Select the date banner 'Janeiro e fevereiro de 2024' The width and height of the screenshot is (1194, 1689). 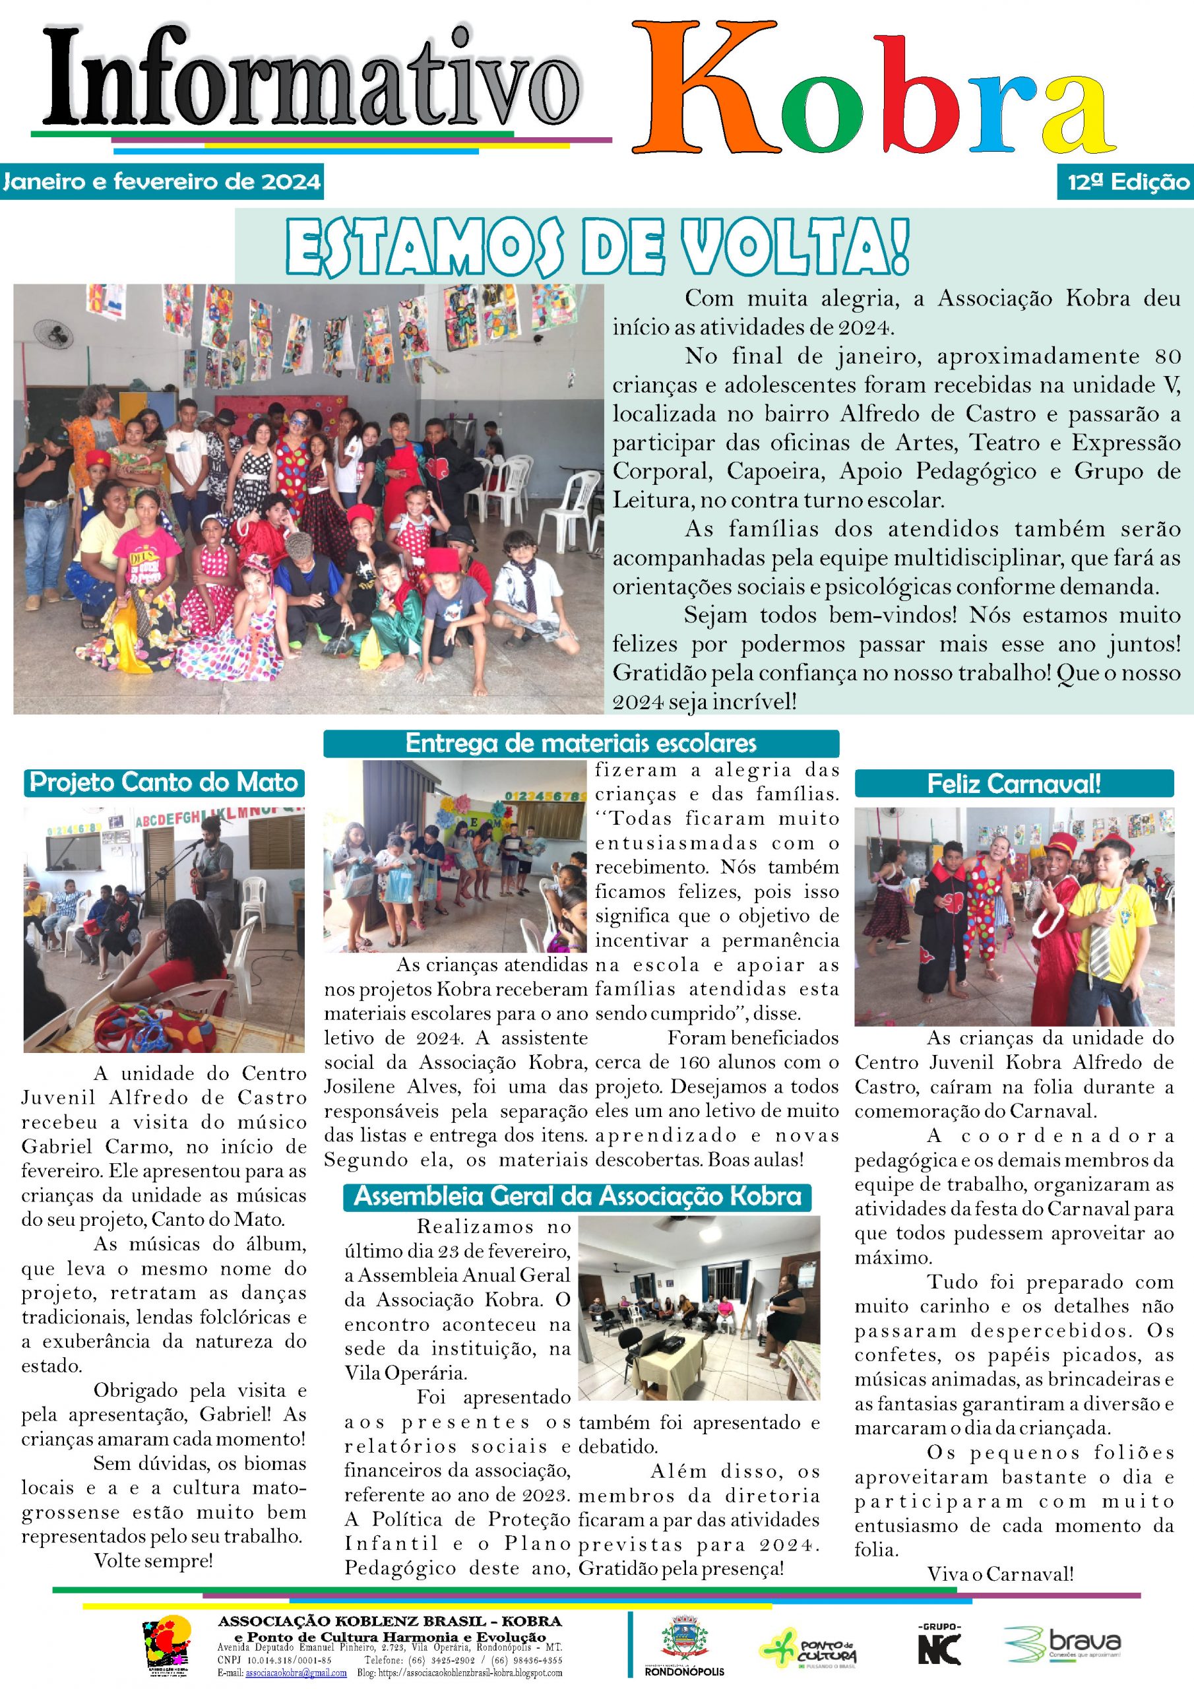coord(162,181)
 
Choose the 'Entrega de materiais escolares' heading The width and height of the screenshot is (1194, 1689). coord(581,743)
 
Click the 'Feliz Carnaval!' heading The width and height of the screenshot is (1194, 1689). coord(1014,783)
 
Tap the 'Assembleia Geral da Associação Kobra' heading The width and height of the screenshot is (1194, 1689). coord(577,1196)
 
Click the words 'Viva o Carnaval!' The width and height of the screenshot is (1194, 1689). coord(1000,1574)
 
